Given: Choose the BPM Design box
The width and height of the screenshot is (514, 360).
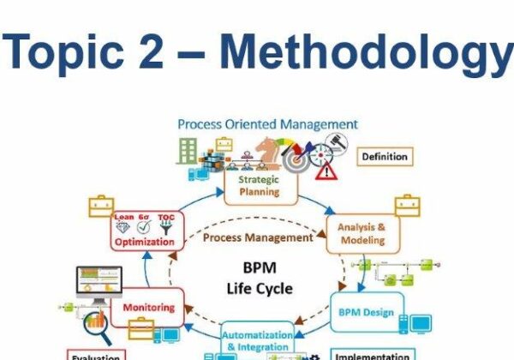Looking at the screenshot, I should pos(367,312).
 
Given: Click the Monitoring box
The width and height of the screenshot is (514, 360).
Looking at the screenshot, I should pos(148,307).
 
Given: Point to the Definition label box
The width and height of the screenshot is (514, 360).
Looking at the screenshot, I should pos(385,156).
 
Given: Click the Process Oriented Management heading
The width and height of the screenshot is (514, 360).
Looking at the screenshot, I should pos(267,124).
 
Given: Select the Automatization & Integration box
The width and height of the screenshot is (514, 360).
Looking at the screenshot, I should pos(257,340).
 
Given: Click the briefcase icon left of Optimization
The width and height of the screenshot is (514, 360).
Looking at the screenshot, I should pos(101,207).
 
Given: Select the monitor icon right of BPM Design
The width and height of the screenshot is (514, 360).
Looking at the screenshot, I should pos(421,324).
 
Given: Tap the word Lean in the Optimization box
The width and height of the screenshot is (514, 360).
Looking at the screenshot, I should pos(125,217).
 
